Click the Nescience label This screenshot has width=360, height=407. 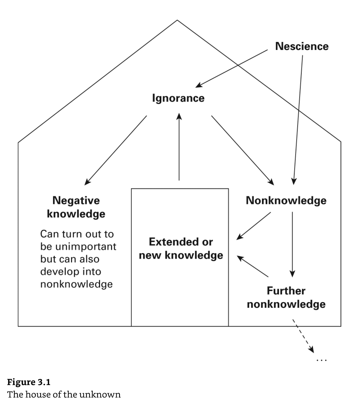point(302,46)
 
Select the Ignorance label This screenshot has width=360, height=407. point(178,98)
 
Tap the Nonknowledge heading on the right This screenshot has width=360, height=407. point(286,200)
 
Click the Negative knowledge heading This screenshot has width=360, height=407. point(76,207)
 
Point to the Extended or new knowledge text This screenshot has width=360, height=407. point(181,249)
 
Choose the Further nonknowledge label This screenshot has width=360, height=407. point(286,297)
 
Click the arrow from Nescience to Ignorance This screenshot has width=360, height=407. point(232,68)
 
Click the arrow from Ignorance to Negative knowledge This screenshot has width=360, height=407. point(116,150)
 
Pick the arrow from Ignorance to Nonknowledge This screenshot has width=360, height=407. point(242,150)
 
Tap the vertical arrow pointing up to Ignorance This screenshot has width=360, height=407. point(179,147)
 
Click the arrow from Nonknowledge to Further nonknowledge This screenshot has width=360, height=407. point(292,244)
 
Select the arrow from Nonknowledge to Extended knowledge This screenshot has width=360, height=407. point(254,226)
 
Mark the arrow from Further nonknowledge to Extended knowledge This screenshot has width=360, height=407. point(253,266)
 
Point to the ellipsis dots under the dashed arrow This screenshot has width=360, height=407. point(322,360)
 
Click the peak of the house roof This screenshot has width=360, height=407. point(177,20)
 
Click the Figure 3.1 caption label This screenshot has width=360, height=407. point(29,382)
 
